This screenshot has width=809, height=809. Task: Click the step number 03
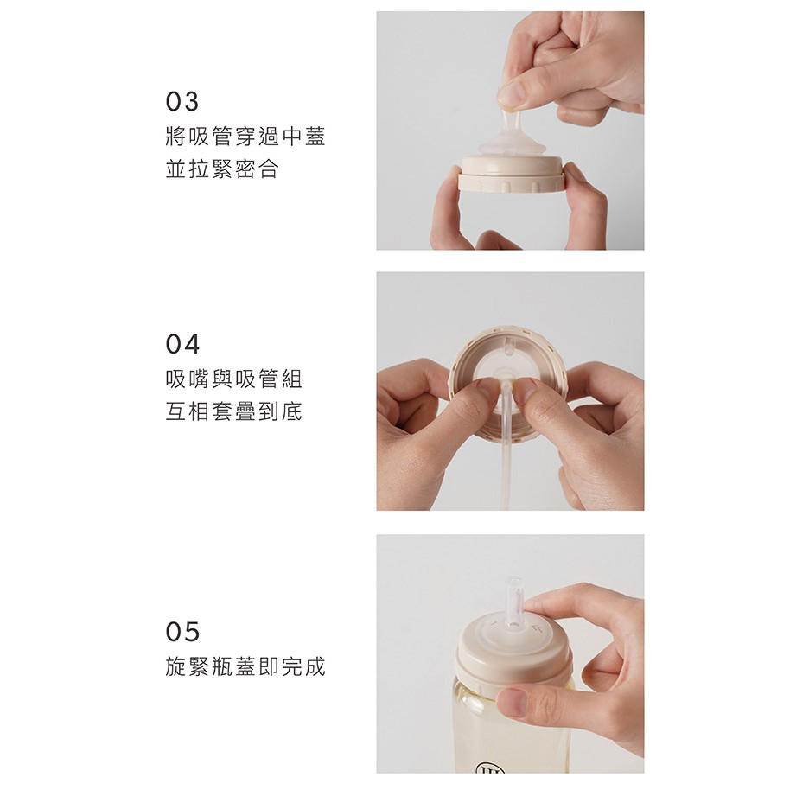(182, 102)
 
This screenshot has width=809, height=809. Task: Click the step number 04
(182, 344)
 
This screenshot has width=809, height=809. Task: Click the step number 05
(182, 632)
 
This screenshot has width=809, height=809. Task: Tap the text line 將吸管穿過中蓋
(245, 137)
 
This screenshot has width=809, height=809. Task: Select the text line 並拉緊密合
(222, 169)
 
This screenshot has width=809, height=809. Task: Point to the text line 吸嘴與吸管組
(233, 379)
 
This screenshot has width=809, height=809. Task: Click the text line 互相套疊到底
(233, 411)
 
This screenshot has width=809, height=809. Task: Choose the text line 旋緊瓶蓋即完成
(245, 666)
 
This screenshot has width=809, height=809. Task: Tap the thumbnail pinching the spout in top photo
(512, 95)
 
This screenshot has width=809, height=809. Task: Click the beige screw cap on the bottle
(513, 651)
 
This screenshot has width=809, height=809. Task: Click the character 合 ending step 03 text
(268, 169)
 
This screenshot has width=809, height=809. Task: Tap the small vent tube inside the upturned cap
(508, 347)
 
